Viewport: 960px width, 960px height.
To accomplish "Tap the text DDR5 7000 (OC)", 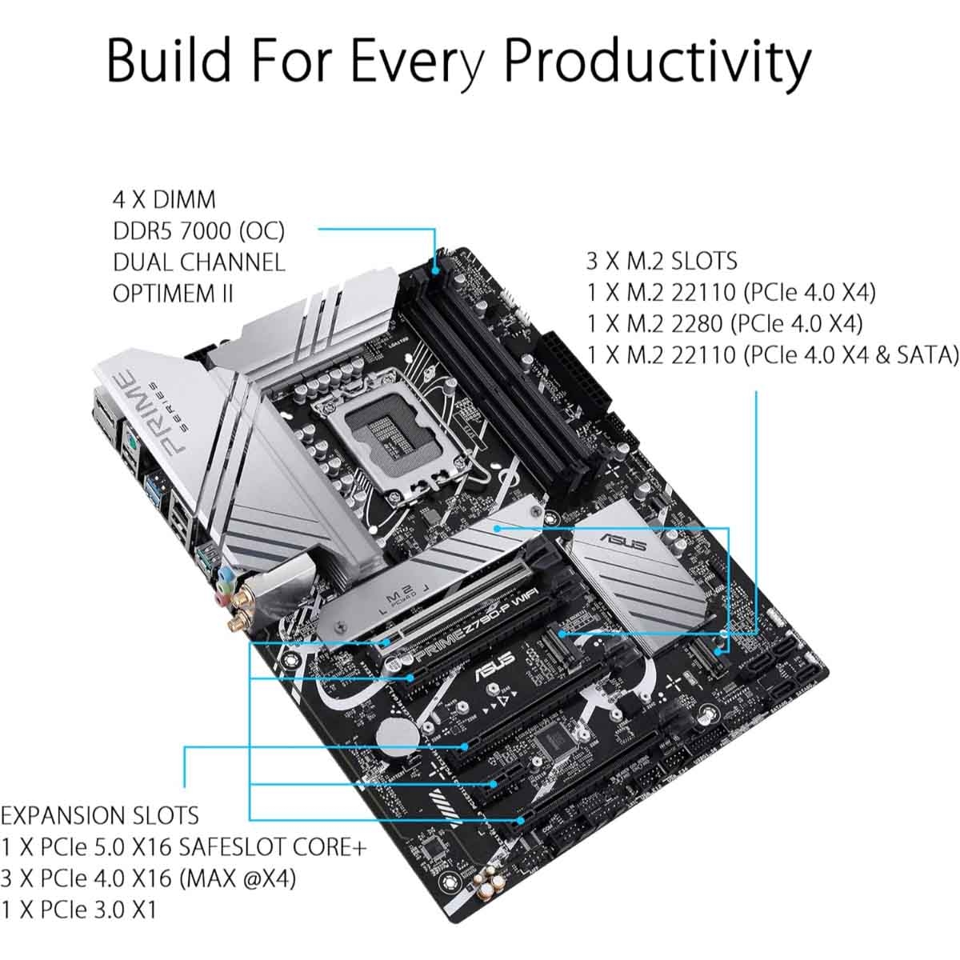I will coord(198,231).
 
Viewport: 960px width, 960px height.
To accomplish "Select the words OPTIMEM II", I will coord(173,293).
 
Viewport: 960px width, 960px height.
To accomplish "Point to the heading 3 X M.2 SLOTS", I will coord(662,262).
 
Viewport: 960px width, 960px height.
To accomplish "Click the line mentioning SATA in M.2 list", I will coord(772,354).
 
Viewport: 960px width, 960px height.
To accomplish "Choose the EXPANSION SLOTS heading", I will coord(100,816).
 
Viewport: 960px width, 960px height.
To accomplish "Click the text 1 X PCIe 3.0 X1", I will coord(79,910).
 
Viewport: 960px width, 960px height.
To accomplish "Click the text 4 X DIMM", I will coord(164,200).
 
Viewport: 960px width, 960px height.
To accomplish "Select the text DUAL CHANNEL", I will coord(198,262).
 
